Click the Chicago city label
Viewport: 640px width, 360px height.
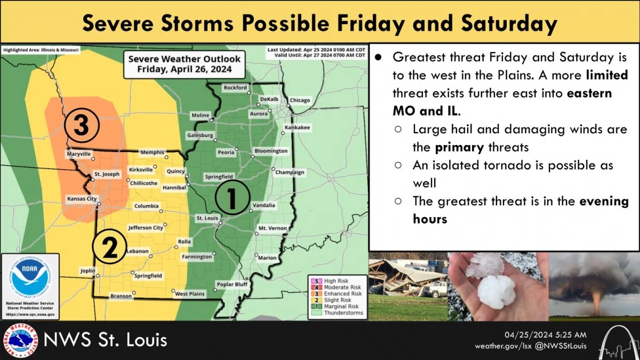pos(299,101)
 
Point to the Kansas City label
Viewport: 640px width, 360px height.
pos(82,198)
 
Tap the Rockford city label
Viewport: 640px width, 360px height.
pos(236,87)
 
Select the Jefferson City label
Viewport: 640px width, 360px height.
pos(146,228)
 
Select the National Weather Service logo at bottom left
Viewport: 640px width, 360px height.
pos(20,340)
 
